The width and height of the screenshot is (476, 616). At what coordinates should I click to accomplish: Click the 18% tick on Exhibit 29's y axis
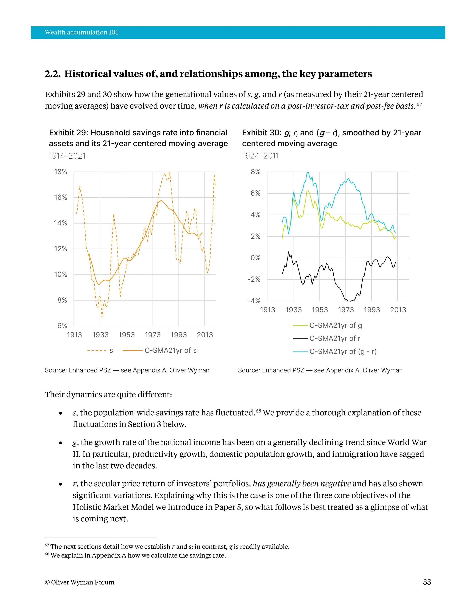pyautogui.click(x=60, y=172)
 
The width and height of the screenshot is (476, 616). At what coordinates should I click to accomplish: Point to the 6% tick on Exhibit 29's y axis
pyautogui.click(x=62, y=326)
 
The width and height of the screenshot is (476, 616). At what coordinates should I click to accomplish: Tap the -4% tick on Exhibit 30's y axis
pyautogui.click(x=254, y=301)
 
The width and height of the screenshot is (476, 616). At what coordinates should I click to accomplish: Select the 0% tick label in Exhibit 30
pyautogui.click(x=256, y=258)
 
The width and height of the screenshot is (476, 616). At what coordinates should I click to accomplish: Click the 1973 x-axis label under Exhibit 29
pyautogui.click(x=153, y=335)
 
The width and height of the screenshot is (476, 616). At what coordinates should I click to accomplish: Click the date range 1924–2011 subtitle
pyautogui.click(x=260, y=156)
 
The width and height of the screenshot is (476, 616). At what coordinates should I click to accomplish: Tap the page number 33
pyautogui.click(x=427, y=582)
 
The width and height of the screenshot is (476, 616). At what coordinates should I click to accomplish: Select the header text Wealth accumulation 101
pyautogui.click(x=81, y=32)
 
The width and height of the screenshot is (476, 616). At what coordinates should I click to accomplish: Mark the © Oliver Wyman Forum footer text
pyautogui.click(x=80, y=582)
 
